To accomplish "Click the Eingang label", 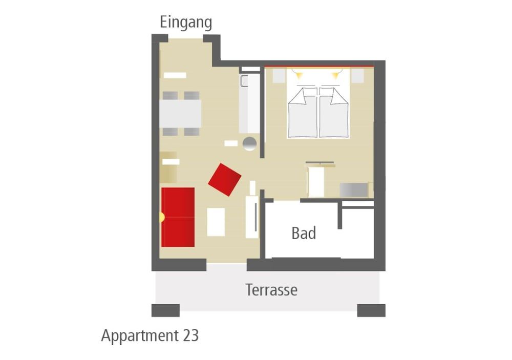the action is [x=186, y=23].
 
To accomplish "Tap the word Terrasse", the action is [x=271, y=290].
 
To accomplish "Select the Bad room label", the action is [x=304, y=233].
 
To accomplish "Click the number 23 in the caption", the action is [x=190, y=335].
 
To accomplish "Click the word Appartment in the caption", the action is [x=140, y=336].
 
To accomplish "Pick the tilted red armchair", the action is [x=225, y=179].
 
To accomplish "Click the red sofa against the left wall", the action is [x=178, y=217].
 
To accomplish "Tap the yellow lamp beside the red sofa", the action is [x=161, y=217].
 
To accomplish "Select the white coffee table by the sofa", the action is [x=216, y=222].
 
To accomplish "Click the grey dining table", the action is [x=180, y=114].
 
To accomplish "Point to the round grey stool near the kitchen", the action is [x=250, y=143].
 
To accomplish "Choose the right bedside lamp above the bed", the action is [x=336, y=75].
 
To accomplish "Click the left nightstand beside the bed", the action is [x=279, y=76].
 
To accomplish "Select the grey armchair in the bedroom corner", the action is [x=354, y=190].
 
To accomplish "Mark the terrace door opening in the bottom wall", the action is [x=227, y=264].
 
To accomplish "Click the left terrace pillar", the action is [x=165, y=310].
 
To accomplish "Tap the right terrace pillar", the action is [x=371, y=310].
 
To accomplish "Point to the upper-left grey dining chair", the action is [x=170, y=95].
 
